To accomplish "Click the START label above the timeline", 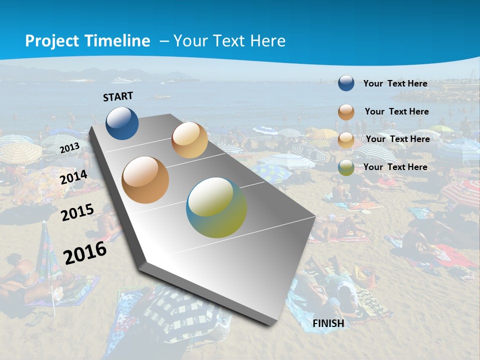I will pos(118,96).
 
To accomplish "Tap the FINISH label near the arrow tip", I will pos(328,323).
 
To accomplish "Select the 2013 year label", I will pos(69,147).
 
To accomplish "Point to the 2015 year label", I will pos(77,212).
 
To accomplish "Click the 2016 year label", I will pos(85,252).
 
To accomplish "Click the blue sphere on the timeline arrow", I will pos(122,123).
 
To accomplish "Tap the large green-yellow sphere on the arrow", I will pos(216,207).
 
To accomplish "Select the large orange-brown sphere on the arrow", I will pos(145,179).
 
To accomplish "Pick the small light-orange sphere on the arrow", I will pos(189,140).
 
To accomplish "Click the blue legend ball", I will pos(346,83).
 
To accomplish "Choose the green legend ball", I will pos(346,167).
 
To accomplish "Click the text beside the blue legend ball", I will pos(395,83).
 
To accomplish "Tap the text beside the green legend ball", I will pos(395,167).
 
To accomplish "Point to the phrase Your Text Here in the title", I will pos(229,41).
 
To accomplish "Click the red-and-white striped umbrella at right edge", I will pos(462,193).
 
